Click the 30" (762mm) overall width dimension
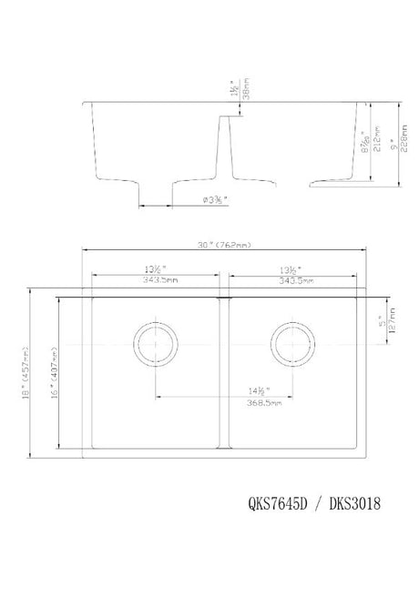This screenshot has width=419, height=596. coord(223,245)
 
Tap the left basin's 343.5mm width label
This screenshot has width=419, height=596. coord(152,280)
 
